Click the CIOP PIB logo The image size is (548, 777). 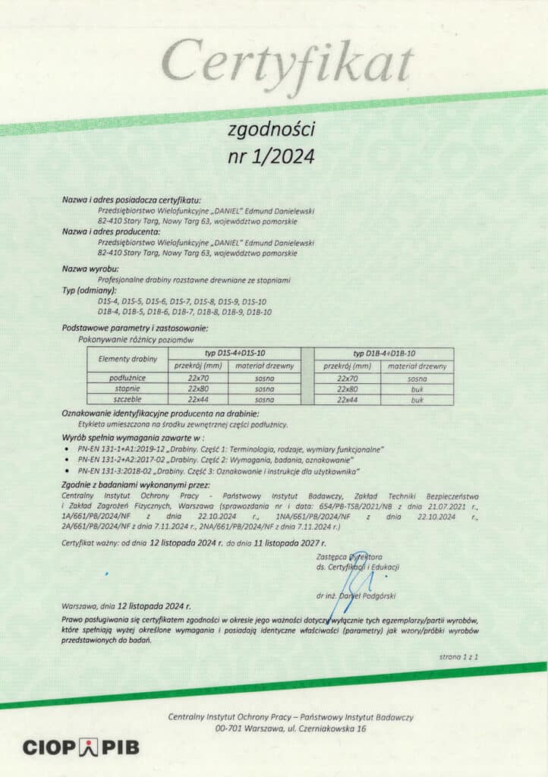(x=80, y=747)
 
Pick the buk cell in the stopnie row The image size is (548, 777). (x=417, y=388)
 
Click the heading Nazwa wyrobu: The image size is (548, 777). (x=90, y=269)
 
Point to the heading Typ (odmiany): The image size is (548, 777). (x=89, y=291)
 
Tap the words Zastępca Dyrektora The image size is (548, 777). (x=350, y=557)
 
